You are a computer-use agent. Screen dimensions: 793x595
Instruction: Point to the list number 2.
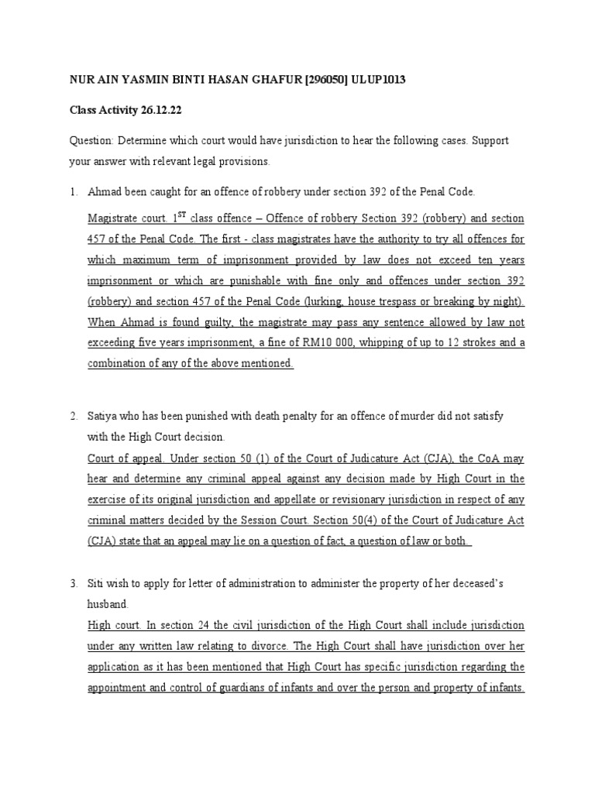(x=74, y=416)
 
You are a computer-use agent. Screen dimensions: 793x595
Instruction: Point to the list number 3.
(x=74, y=582)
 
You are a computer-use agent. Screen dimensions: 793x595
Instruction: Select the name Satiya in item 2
(x=105, y=416)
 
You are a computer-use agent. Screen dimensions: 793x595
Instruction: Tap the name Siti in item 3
(x=98, y=582)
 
